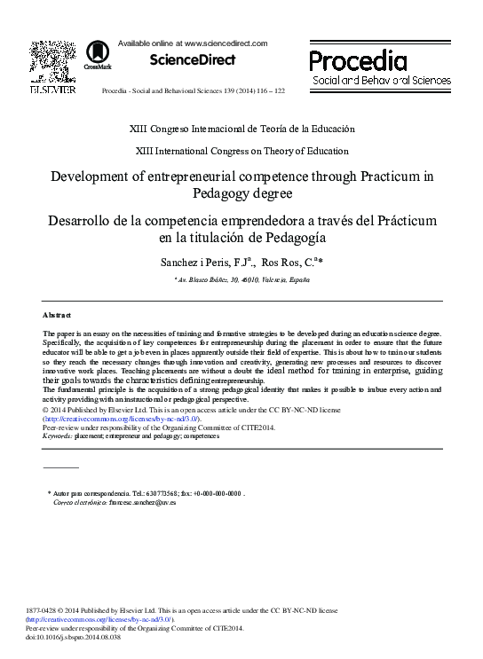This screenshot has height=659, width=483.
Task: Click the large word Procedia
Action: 358,61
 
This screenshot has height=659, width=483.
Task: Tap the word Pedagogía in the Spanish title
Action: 291,237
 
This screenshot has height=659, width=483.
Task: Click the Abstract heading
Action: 58,315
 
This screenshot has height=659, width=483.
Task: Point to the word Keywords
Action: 58,436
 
